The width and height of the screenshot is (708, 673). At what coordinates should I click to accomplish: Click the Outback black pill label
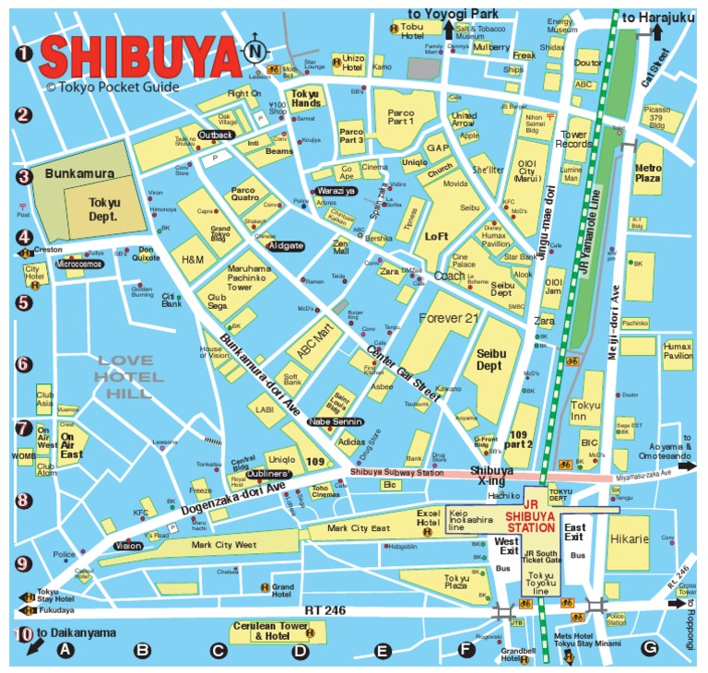216,135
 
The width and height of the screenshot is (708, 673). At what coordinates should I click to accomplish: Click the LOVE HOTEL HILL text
130,377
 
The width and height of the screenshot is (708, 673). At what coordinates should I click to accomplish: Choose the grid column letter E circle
383,650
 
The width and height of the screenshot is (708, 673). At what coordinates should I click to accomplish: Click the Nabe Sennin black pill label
333,422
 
